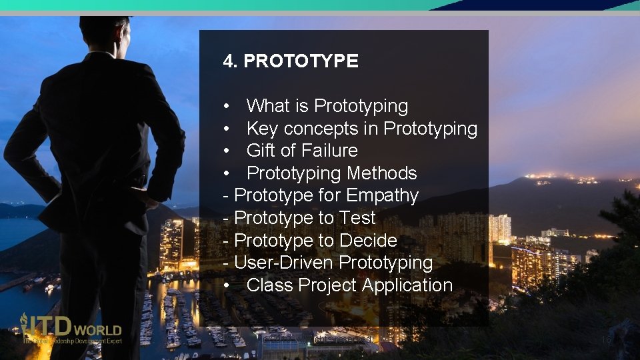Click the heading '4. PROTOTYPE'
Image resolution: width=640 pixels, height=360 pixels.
(x=291, y=61)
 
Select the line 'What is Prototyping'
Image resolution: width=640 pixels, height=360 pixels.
(x=327, y=106)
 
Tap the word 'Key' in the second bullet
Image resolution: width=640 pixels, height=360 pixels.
(x=261, y=129)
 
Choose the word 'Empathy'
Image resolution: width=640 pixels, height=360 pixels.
(x=382, y=196)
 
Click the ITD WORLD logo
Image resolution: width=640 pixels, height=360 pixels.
(x=71, y=329)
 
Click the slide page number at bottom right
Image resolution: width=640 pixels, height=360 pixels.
(x=606, y=340)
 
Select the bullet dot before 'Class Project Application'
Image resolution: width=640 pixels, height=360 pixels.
(x=228, y=286)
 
